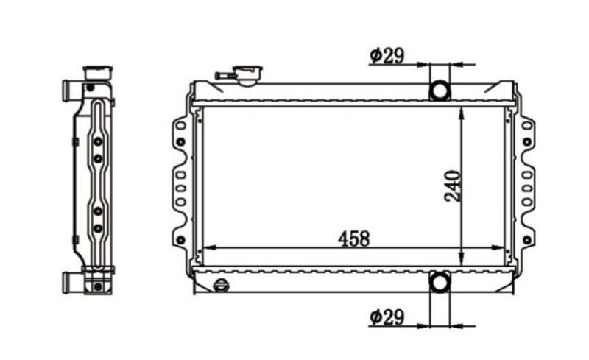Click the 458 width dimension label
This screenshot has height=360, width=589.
(x=353, y=239)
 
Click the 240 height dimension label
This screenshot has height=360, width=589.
(x=452, y=186)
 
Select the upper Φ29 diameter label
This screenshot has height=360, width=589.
(x=387, y=56)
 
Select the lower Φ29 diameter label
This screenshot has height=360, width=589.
(x=387, y=317)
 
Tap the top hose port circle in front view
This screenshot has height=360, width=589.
(x=440, y=91)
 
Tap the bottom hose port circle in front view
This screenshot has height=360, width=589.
(x=440, y=282)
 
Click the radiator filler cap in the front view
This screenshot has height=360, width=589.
(x=247, y=74)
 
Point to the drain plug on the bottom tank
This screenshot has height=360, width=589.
(x=222, y=285)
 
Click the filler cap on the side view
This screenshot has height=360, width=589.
(x=98, y=73)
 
